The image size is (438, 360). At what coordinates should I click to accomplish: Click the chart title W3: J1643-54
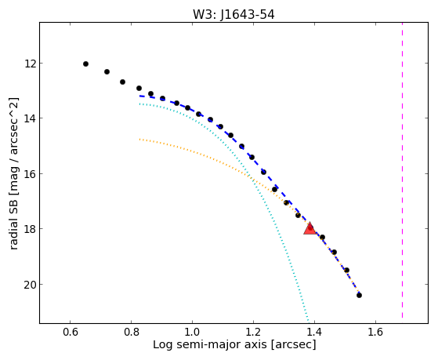pos(233,14)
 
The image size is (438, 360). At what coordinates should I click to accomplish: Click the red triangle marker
pos(309,228)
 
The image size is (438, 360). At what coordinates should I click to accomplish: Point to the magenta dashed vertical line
pos(402,170)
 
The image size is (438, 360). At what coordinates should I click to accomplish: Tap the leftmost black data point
pos(85,64)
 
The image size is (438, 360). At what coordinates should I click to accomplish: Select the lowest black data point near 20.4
pos(359,295)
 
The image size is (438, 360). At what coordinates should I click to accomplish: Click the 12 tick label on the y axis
pos(30,64)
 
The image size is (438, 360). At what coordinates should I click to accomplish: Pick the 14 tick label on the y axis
pos(30,118)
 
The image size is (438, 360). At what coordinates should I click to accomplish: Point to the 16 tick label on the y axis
pos(30,173)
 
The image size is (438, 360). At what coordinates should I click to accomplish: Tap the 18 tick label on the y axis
pos(30,229)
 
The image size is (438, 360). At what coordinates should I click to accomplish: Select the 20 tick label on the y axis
pos(30,285)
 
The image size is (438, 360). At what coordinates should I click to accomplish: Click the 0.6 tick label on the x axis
pos(70,332)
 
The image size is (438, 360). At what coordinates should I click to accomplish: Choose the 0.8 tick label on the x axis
pos(132,332)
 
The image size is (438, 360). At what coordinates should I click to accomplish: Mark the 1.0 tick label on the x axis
pos(192,332)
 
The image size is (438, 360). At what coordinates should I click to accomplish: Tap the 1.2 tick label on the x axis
pos(253,332)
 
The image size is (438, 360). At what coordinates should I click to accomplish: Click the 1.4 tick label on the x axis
pos(314,332)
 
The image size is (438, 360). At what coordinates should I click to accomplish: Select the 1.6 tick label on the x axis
pos(375,332)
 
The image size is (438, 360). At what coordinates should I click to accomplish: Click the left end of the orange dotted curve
pos(139,139)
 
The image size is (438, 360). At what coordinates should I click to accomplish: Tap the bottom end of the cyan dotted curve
pos(308,321)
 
